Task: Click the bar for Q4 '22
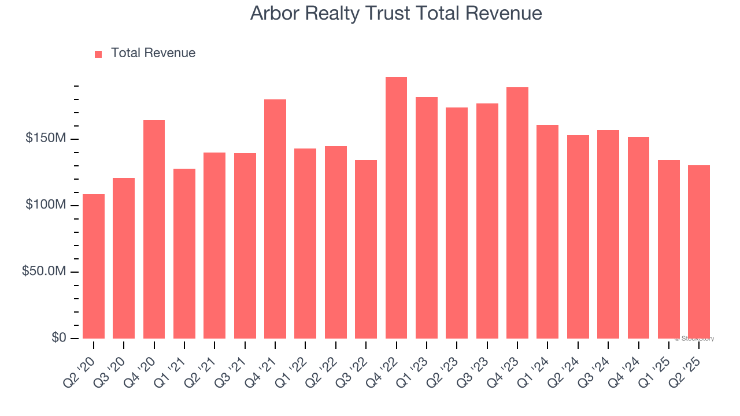(x=396, y=208)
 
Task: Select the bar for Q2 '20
(x=94, y=266)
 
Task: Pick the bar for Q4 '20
(x=154, y=229)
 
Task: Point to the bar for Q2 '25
(x=698, y=252)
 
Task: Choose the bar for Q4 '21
(x=275, y=219)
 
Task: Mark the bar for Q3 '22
(x=366, y=249)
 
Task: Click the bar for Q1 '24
(x=547, y=232)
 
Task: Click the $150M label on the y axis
(x=46, y=139)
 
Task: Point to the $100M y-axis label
(x=46, y=205)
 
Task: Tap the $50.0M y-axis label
(x=44, y=272)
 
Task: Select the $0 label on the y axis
(x=58, y=338)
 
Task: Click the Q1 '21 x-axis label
(x=174, y=367)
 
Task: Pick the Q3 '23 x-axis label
(x=477, y=367)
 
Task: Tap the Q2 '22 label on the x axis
(x=325, y=367)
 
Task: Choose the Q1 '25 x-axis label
(x=658, y=367)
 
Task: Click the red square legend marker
(x=98, y=54)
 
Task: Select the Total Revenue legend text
(x=153, y=53)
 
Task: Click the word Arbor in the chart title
(x=271, y=13)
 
